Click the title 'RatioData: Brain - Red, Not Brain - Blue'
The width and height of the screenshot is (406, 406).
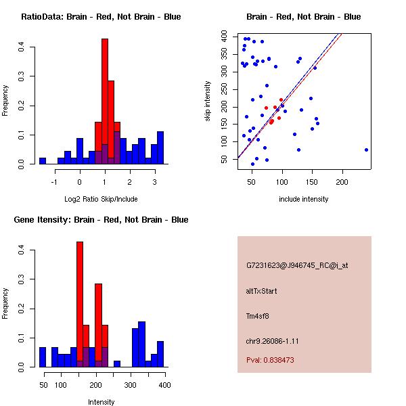click(x=101, y=17)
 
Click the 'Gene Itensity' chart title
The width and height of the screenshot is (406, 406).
click(x=101, y=220)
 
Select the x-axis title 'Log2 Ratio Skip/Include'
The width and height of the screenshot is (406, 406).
click(x=101, y=199)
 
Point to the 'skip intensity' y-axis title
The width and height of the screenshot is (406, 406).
click(x=208, y=101)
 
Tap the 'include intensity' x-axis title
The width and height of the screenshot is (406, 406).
click(x=304, y=199)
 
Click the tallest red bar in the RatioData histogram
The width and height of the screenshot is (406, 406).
click(x=105, y=101)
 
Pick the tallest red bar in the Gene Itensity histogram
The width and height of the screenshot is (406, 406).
click(x=79, y=304)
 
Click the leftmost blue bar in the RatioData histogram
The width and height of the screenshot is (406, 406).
click(x=43, y=161)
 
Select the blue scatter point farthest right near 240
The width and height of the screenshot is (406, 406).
click(x=366, y=150)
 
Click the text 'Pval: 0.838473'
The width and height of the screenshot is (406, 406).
click(x=270, y=361)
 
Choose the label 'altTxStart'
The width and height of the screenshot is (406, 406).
click(x=262, y=291)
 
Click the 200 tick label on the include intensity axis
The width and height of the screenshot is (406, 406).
click(x=342, y=182)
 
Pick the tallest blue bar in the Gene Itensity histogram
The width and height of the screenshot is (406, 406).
click(x=142, y=344)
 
